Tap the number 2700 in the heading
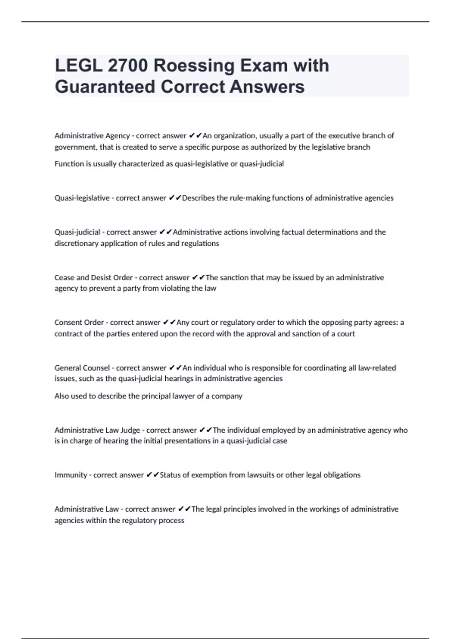[x=127, y=66]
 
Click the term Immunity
[x=71, y=475]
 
